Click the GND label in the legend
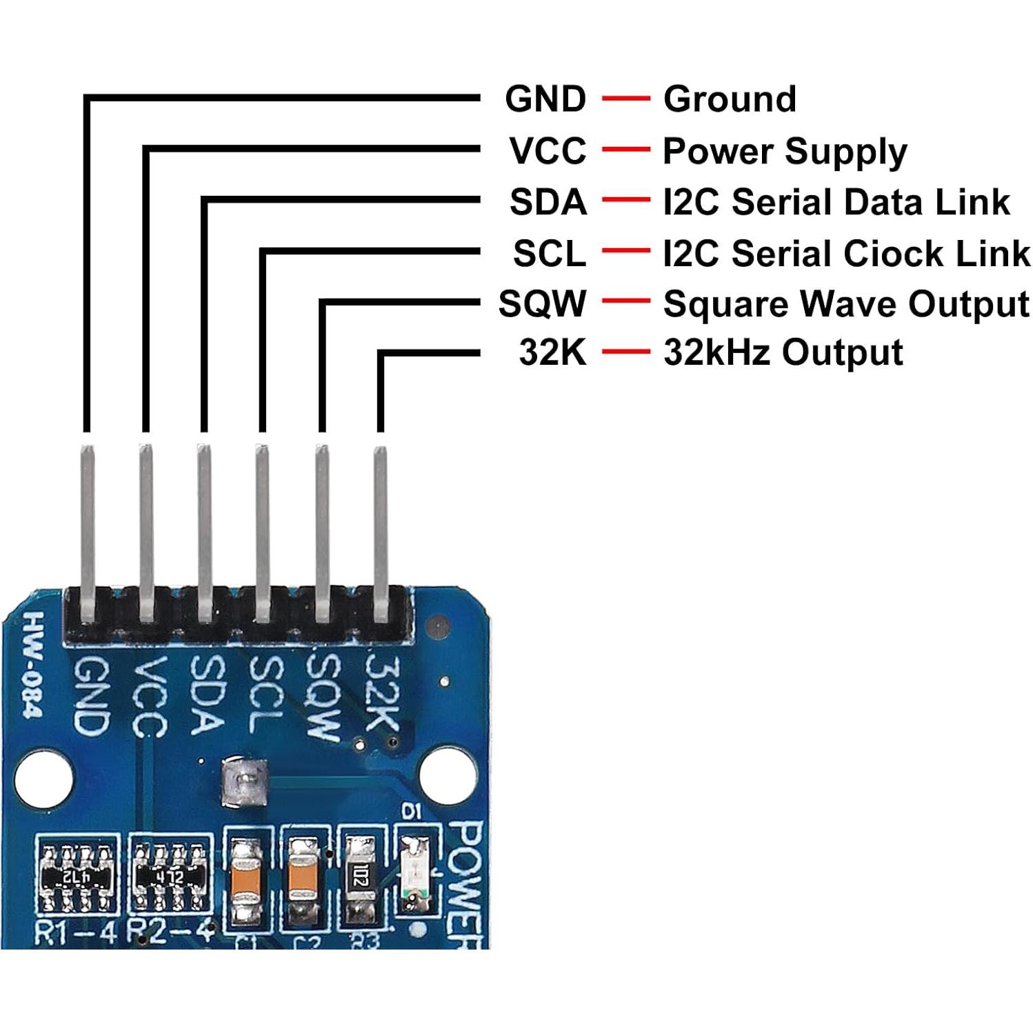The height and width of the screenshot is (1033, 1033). pos(545,99)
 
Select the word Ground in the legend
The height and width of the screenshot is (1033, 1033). pos(730,99)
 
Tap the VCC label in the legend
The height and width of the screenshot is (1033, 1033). pos(548,150)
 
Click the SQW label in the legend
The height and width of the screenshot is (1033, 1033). pos(543,303)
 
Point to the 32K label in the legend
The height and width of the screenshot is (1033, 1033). pos(552,352)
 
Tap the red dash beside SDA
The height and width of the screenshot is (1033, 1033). pos(625,201)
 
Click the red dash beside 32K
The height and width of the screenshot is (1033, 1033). pos(625,352)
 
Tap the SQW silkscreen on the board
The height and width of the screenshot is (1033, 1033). pos(324,696)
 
